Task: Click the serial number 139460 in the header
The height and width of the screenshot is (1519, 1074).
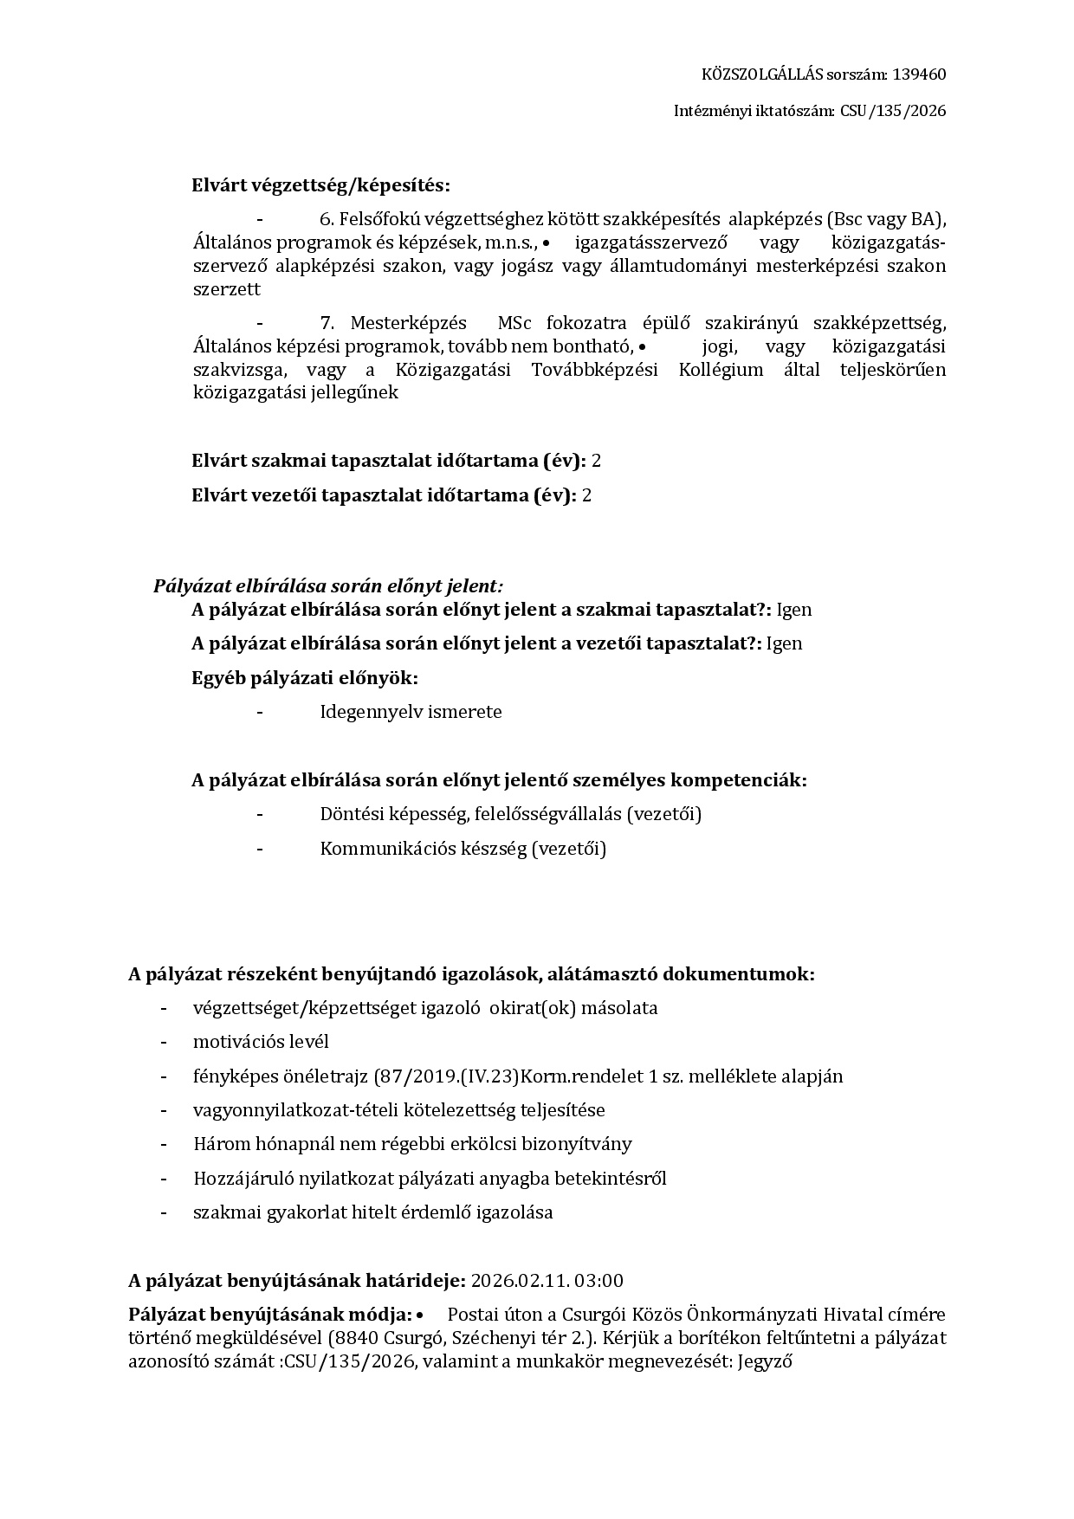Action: (x=919, y=74)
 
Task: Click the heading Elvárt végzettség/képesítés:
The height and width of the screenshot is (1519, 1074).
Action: (x=320, y=185)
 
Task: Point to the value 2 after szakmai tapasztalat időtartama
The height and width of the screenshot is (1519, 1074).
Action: (x=596, y=461)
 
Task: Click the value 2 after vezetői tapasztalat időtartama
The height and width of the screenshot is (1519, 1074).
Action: (x=586, y=495)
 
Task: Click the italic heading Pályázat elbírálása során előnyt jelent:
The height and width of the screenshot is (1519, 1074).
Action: (x=328, y=586)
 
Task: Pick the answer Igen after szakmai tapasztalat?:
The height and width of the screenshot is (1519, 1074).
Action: (x=793, y=610)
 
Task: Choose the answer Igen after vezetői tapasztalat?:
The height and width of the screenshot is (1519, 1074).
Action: (x=784, y=643)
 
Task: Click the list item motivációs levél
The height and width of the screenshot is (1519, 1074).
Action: (x=261, y=1042)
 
